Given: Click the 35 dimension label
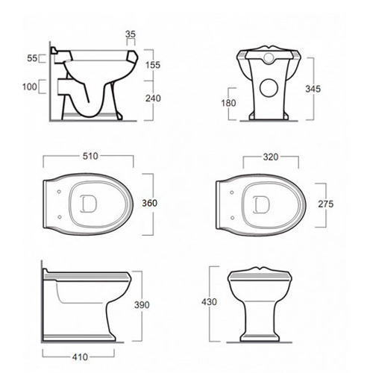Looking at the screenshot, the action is tap(131, 34).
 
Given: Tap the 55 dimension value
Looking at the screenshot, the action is tap(32, 58).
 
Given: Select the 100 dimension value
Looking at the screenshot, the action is tap(30, 87).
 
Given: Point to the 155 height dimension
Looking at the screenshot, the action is tap(153, 65).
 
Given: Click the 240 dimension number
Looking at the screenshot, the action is tap(153, 98).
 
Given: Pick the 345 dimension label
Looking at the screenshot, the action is tap(313, 89).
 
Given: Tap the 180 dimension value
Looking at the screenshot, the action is tap(228, 103).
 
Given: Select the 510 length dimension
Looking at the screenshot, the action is tap(90, 156).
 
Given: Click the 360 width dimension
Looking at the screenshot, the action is tap(150, 203).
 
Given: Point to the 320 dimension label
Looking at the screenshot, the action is tap(271, 157).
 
